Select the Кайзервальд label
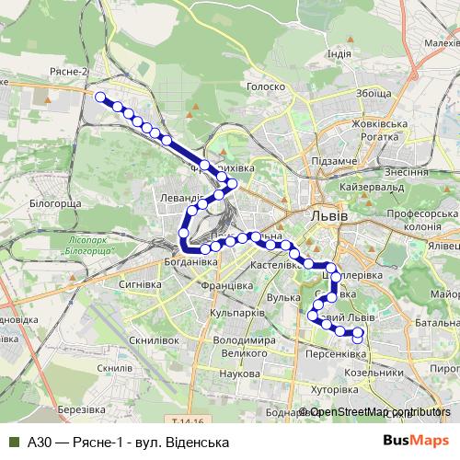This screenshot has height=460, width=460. tap(374, 189)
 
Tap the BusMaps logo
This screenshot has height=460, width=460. tap(409, 442)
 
